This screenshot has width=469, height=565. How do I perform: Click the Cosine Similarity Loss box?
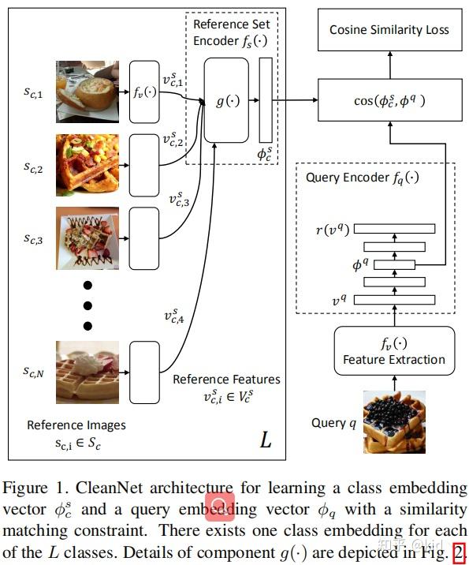click(389, 30)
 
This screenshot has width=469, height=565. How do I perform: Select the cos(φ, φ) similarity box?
click(389, 99)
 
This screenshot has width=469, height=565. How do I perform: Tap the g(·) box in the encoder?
click(226, 100)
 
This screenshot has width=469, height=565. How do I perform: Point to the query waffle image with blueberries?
click(394, 423)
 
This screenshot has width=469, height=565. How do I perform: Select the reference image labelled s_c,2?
click(86, 166)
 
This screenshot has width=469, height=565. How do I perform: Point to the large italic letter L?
click(266, 440)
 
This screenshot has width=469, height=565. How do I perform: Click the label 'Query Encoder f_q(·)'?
click(363, 178)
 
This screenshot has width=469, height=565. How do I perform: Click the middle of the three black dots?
click(88, 305)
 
